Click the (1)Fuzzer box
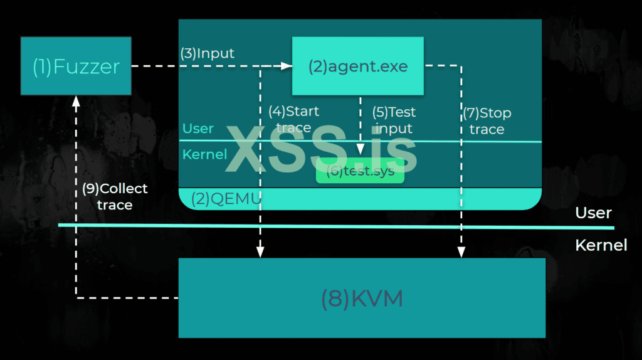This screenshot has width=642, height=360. coord(76,66)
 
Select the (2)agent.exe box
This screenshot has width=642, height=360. coord(358,66)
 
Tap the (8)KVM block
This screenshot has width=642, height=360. coord(362,298)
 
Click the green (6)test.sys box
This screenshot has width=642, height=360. coord(360,172)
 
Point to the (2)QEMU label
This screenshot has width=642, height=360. coord(219,198)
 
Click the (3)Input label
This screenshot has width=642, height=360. coord(207,53)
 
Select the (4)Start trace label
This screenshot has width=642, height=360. coord(293,120)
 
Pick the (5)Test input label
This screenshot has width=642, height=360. coord(394,120)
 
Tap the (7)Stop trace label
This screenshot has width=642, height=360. coord(487,121)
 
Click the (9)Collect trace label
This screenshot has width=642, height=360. coord(115,196)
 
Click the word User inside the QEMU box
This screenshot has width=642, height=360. coord(198,129)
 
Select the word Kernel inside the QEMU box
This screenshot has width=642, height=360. coord(204,154)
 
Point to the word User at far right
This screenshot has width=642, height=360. coord(593,213)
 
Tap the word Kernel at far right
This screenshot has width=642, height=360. coord(601,245)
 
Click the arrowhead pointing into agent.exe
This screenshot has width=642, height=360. coord(288,65)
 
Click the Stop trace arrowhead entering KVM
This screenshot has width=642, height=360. coord(461,252)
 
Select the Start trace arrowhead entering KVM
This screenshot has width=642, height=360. coord(260,252)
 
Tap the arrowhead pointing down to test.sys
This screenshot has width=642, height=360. coord(360,150)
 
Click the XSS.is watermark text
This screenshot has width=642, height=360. coord(321,149)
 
